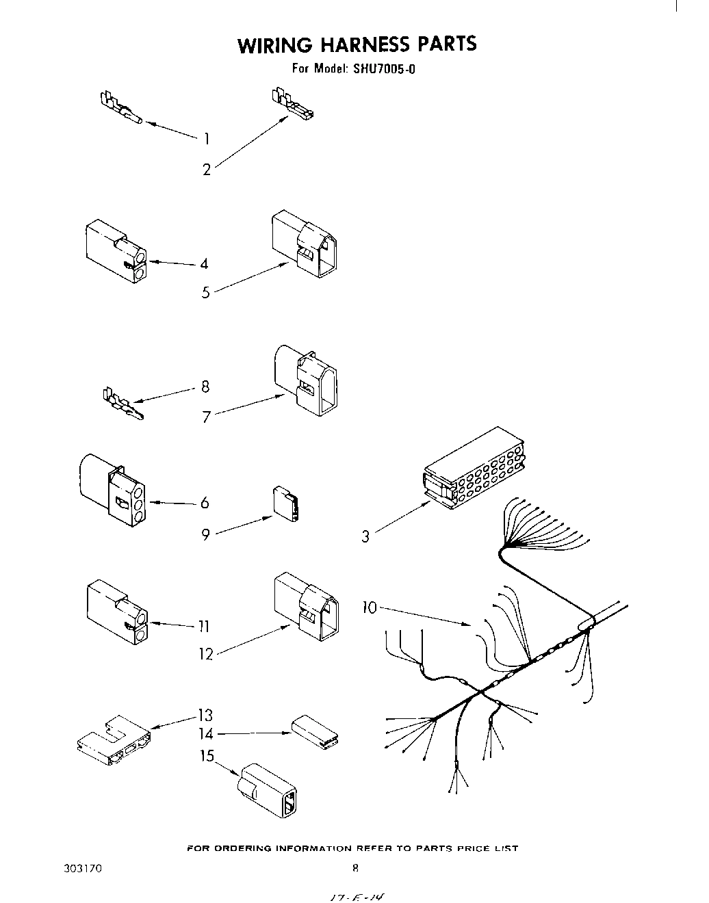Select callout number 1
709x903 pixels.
click(205, 139)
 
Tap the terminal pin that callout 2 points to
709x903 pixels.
click(293, 105)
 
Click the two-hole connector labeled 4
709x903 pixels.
click(116, 250)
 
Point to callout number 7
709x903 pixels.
click(205, 416)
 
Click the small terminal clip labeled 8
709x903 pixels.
click(122, 406)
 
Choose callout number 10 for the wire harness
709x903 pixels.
click(370, 607)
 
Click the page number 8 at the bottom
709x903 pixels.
click(355, 869)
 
